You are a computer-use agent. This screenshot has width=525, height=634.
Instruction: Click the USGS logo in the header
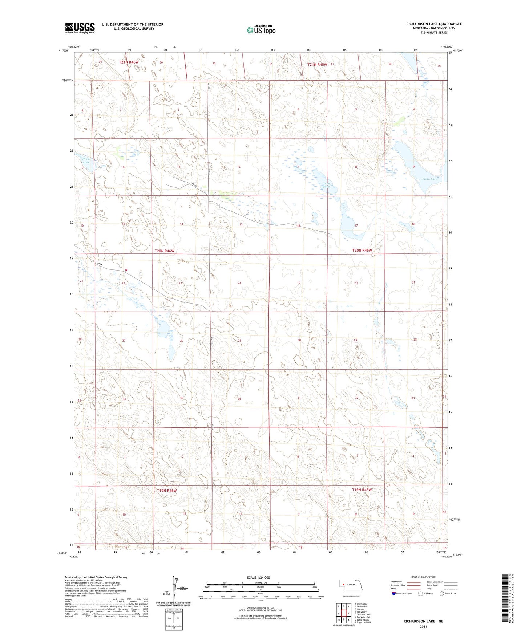tap(80, 28)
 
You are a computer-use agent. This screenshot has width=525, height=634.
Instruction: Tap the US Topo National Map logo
tap(261, 30)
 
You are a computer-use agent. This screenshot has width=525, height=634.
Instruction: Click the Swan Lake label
tap(429, 179)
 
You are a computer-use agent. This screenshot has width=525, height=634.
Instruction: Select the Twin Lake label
tap(327, 185)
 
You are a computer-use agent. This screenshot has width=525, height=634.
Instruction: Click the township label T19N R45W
tap(362, 490)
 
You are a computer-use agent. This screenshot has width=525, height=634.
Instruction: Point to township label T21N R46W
tap(129, 62)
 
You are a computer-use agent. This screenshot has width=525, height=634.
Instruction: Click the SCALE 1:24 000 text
tap(258, 577)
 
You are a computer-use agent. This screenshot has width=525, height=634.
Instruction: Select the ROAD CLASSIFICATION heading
tap(423, 577)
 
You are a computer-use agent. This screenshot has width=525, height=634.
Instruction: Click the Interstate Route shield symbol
tap(394, 593)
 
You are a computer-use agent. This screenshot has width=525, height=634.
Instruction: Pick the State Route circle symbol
tap(441, 593)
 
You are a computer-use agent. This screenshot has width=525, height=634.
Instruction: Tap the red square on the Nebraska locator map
tap(343, 585)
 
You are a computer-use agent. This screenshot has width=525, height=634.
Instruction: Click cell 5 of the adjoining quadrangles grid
tap(348, 613)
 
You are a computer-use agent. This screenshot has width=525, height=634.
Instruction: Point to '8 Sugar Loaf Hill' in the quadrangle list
tap(363, 622)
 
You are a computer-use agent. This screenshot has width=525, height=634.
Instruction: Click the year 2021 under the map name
tap(423, 626)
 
